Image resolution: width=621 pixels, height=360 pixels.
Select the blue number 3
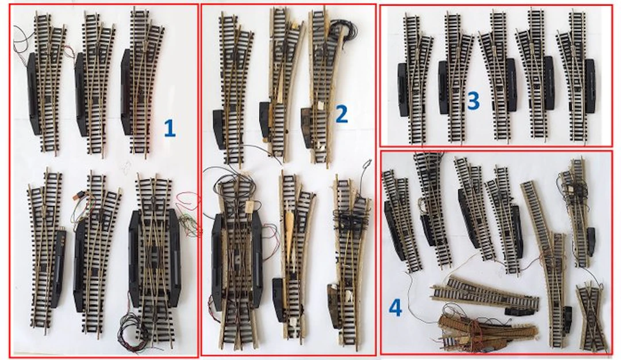(x=473, y=101)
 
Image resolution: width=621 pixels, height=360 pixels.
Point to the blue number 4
(x=395, y=308)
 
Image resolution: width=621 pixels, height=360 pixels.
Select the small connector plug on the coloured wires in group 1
(x=79, y=197)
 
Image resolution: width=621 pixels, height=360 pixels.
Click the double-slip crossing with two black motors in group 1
(x=155, y=259)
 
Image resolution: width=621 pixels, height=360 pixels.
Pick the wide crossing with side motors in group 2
(x=237, y=262)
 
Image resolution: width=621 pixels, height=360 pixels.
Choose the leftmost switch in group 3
(x=414, y=79)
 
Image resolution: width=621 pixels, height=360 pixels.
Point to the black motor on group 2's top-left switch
(x=219, y=129)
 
